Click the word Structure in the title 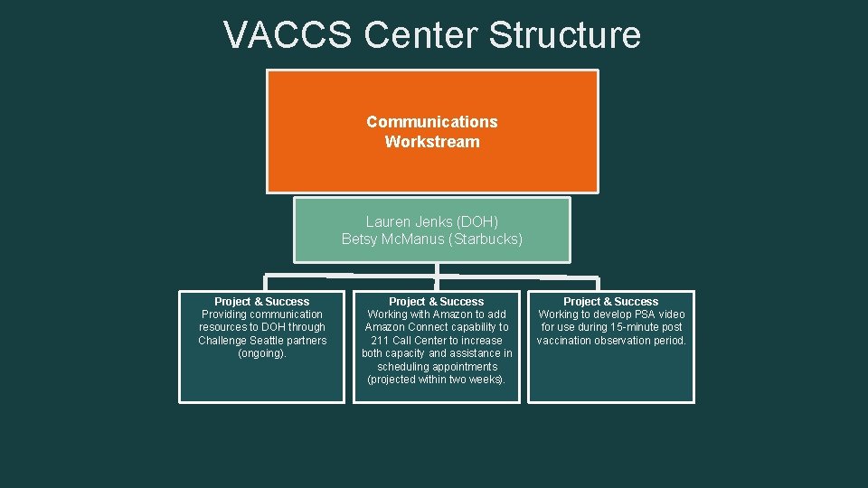tap(565, 35)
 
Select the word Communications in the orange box tap(432, 122)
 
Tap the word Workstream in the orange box tap(432, 142)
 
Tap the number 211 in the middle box tap(381, 341)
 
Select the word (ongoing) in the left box tap(262, 353)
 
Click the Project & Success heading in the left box tap(262, 301)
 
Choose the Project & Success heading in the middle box tap(437, 301)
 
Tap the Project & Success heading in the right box tap(611, 301)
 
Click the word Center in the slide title tap(420, 35)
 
